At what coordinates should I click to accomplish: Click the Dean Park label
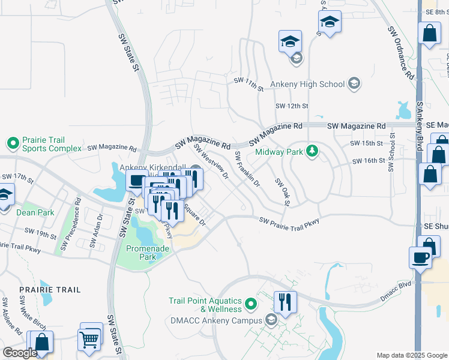(36, 212)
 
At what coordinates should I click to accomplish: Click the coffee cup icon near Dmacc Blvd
(420, 258)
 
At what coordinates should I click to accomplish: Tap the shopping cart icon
(89, 340)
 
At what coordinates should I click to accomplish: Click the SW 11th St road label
(249, 84)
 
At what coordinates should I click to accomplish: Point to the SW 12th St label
(291, 106)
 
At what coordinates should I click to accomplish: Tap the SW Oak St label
(282, 192)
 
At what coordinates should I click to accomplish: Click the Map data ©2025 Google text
(411, 355)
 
